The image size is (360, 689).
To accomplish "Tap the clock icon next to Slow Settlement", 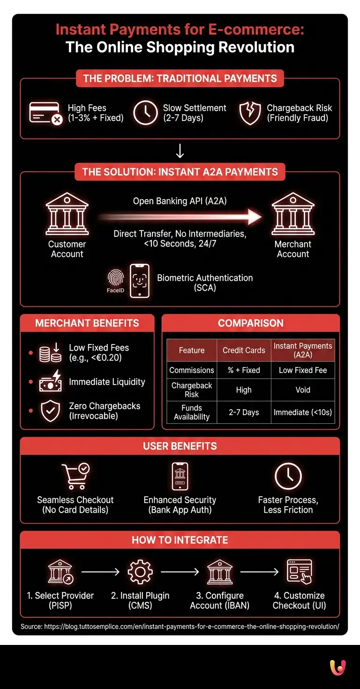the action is (x=145, y=112).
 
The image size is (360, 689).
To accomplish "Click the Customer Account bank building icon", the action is (x=67, y=214).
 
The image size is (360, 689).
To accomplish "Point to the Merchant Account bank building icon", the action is (x=293, y=214).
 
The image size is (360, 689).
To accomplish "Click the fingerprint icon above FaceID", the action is (x=116, y=277).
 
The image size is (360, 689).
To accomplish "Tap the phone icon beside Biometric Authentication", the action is (x=140, y=281).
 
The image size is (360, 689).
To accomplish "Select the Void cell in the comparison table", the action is (x=303, y=389).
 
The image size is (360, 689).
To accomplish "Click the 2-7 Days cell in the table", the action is (x=244, y=412).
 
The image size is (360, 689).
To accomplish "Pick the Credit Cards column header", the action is (x=244, y=350).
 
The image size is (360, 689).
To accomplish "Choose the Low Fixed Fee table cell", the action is (x=303, y=370).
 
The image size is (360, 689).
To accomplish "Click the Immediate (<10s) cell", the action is (x=303, y=412).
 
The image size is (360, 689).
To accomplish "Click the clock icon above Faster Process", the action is (x=288, y=476).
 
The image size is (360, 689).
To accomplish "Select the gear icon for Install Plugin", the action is (x=140, y=572).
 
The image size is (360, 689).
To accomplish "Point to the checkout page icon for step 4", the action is (x=300, y=572).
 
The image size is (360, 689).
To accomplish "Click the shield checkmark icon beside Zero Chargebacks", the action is (x=51, y=411).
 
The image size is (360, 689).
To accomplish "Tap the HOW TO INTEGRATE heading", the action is (x=180, y=540).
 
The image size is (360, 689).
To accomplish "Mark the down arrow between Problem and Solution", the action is (x=180, y=151).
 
